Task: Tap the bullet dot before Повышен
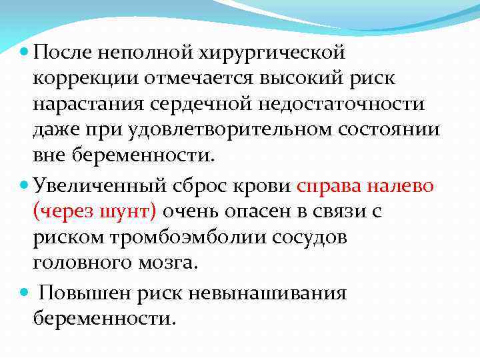pyautogui.click(x=25, y=293)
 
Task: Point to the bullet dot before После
pyautogui.click(x=25, y=52)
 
